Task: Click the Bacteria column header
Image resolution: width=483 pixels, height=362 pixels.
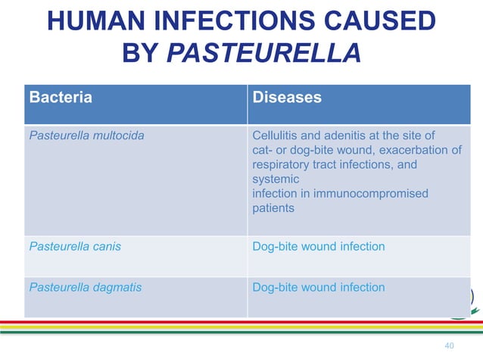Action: [x=61, y=98]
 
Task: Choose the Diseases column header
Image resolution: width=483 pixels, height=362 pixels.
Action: [x=287, y=98]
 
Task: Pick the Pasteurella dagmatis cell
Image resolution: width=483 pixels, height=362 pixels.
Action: [x=85, y=288]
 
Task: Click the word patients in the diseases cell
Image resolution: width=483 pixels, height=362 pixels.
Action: [x=273, y=208]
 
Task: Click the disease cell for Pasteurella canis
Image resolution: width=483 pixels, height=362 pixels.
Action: [x=319, y=246]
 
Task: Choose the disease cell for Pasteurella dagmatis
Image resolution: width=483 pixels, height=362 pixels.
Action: [x=319, y=288]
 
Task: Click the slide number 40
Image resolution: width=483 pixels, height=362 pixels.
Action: [x=449, y=346]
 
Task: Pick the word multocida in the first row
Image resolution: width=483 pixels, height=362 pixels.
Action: [x=117, y=136]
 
